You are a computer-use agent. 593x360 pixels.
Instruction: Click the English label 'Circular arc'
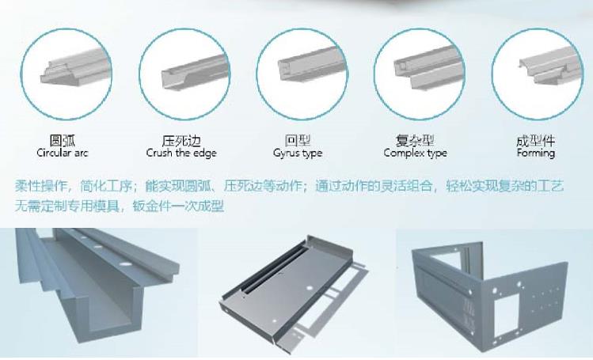click(x=63, y=153)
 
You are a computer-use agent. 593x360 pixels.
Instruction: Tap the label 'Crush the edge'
click(x=181, y=153)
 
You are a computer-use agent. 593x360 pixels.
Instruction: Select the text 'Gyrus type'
click(x=298, y=153)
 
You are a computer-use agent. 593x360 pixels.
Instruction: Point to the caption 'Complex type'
click(x=415, y=153)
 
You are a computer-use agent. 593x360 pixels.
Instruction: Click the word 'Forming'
click(x=535, y=153)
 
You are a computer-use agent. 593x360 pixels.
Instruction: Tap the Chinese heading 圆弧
click(x=63, y=141)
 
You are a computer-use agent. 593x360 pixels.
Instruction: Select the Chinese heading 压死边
click(x=181, y=141)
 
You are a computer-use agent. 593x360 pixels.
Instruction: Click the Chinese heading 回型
click(x=298, y=141)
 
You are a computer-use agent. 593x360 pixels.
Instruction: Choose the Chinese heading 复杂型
click(x=415, y=141)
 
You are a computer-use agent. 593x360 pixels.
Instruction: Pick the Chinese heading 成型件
click(x=535, y=141)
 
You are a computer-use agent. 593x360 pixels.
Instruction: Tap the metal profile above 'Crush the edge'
click(x=195, y=73)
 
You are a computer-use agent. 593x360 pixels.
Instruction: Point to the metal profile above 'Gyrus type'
click(x=313, y=65)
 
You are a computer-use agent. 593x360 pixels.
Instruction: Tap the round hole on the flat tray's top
click(x=310, y=288)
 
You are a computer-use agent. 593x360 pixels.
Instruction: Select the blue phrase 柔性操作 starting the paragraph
click(x=41, y=186)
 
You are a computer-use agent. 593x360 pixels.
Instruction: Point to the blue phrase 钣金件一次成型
click(x=178, y=207)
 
